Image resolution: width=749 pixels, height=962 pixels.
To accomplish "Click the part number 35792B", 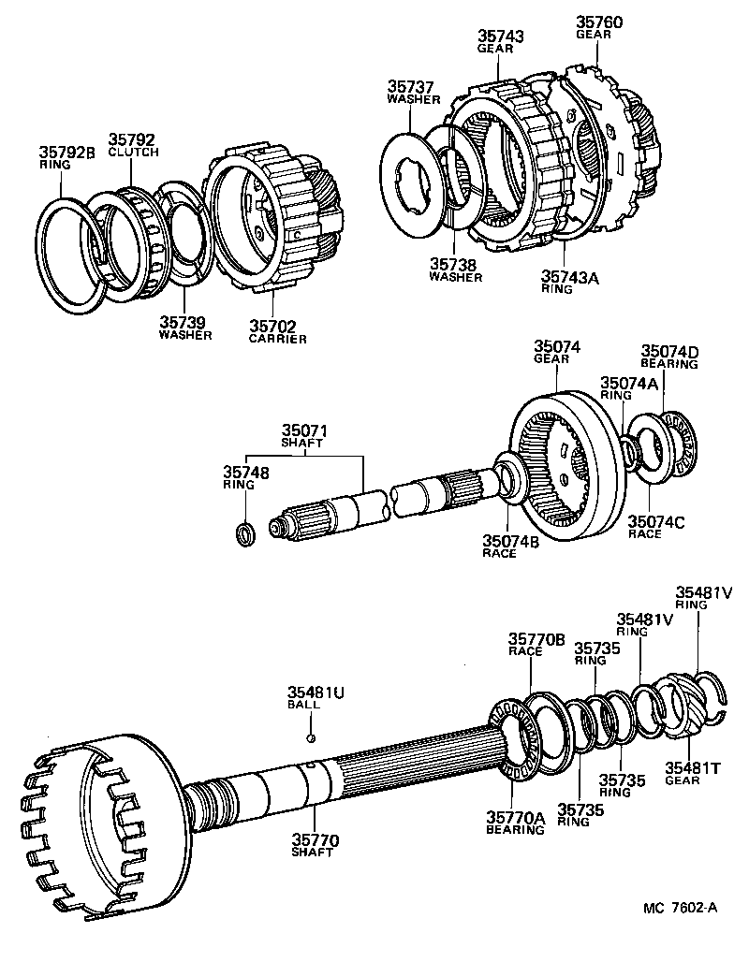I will point(66,151).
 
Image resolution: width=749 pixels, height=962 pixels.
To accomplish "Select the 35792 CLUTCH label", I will point(133,144).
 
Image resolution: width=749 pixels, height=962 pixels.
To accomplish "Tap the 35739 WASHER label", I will point(184,328).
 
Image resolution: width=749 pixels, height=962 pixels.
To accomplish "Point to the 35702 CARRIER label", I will point(277,332).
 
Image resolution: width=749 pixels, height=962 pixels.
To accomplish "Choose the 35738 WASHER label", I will point(455,270).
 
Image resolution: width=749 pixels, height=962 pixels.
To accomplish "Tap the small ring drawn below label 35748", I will point(244,535).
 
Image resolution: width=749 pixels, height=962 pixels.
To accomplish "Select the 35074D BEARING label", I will point(668,357).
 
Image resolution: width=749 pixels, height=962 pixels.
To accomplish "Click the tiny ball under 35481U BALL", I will point(311,736).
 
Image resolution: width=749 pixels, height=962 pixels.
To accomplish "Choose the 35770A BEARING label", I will point(515,822).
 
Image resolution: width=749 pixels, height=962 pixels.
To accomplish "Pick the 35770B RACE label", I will point(536,646).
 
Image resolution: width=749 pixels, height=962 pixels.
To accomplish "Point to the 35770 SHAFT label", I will point(314,847).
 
